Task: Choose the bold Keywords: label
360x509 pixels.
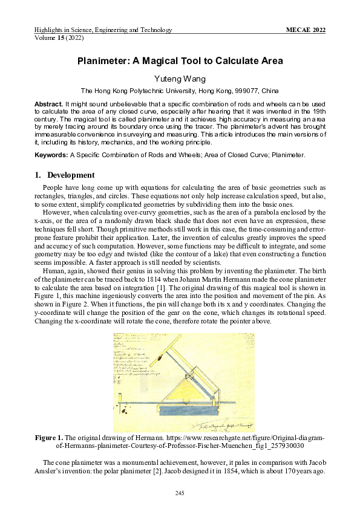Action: (51, 155)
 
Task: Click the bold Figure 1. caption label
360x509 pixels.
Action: (48, 437)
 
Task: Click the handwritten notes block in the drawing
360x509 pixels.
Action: (132, 362)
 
